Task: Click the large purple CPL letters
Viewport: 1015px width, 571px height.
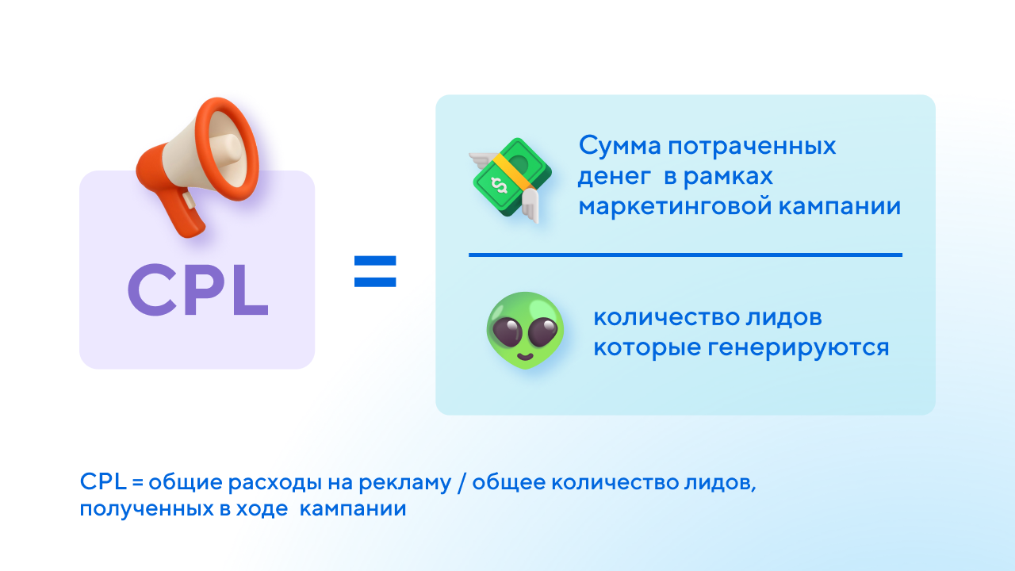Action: (198, 289)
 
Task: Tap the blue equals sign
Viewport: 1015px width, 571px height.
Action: (375, 271)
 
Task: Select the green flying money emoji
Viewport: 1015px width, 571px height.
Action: (510, 179)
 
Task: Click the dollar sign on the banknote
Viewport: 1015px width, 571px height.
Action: (499, 186)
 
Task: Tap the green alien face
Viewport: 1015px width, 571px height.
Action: (525, 331)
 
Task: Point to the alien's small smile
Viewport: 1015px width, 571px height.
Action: (525, 356)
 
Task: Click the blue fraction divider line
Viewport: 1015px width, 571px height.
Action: (686, 255)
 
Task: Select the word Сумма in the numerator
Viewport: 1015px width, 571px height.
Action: (619, 146)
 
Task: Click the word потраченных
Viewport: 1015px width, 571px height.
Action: (753, 147)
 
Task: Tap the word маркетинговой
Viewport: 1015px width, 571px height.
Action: (675, 207)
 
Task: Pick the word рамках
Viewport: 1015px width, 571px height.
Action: (728, 177)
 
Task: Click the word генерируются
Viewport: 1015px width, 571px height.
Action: (799, 348)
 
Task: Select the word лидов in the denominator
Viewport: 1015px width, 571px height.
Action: (784, 318)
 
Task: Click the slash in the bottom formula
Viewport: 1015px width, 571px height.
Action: (462, 482)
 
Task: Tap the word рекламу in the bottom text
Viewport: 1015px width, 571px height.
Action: (405, 483)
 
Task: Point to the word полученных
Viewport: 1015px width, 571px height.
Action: (147, 509)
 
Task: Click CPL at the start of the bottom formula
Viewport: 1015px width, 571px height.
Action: (103, 481)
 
